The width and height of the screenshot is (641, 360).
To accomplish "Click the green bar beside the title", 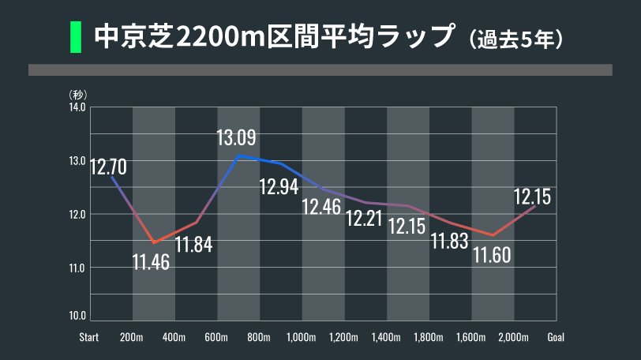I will point(76,37).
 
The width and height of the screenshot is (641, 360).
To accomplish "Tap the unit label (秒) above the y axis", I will point(78,95).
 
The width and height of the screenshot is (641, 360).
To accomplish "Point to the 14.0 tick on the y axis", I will point(77,107).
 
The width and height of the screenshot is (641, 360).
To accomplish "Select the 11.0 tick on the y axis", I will point(77,268).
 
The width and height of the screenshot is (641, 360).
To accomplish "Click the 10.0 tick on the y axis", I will point(77,316).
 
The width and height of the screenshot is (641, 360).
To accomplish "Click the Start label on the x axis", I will point(88,337).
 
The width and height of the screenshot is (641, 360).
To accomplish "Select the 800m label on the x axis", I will point(259,337).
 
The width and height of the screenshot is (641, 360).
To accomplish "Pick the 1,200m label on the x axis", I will point(343,337).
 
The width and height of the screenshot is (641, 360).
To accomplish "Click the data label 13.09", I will point(236,138).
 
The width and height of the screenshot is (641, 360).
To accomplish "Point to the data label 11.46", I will point(151,261).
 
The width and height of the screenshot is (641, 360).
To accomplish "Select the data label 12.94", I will point(279,187).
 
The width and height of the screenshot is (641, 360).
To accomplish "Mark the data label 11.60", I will point(492,254).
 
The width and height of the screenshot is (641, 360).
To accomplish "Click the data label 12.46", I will point(321,208).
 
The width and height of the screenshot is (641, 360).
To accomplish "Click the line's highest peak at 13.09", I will point(238,156).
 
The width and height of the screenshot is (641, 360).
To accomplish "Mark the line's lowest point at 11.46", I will point(153,242).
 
